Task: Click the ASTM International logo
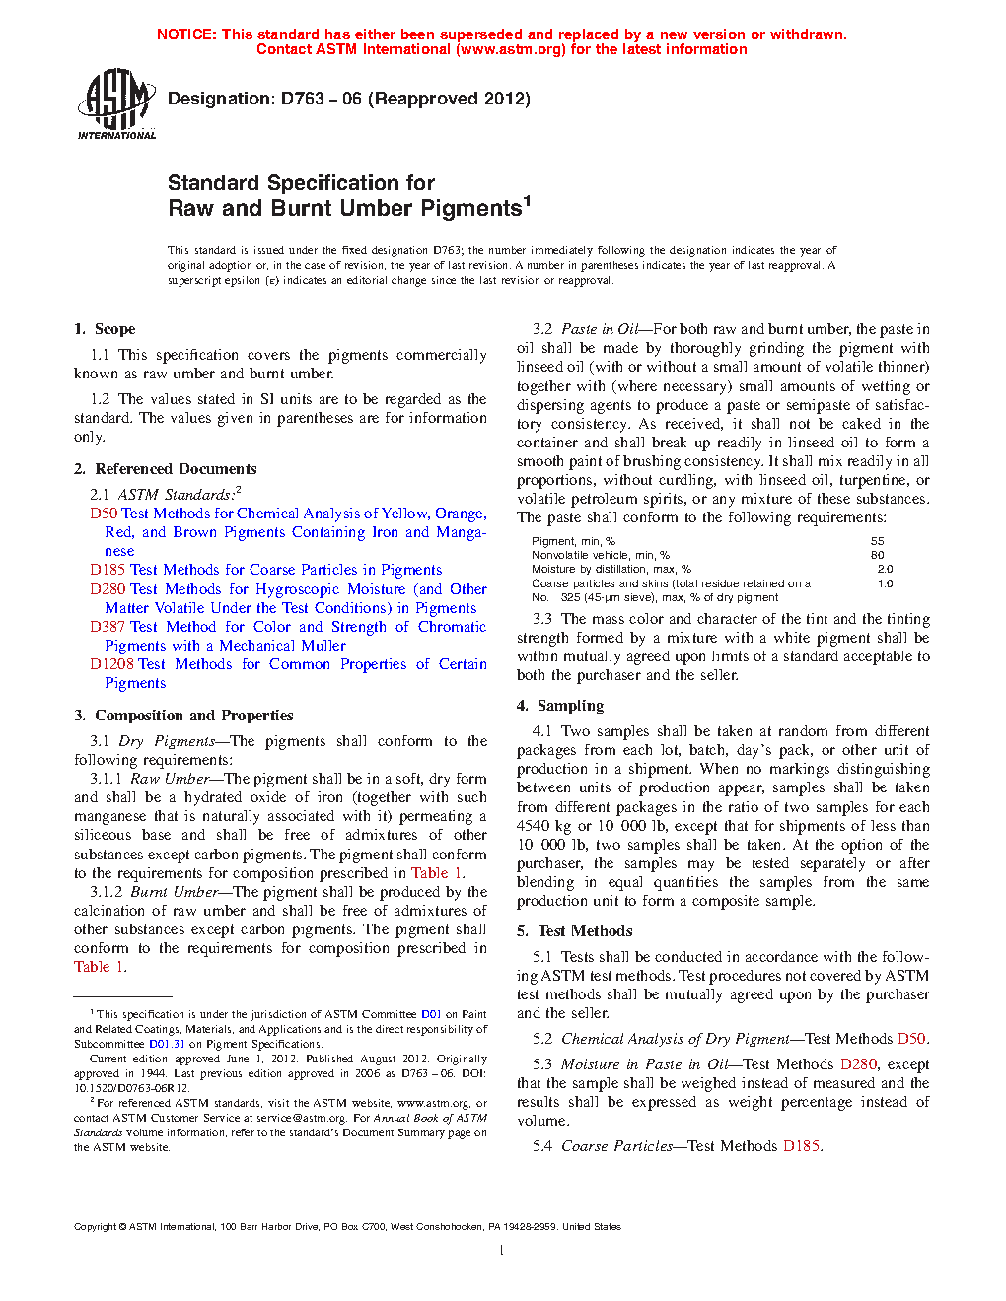pos(115,103)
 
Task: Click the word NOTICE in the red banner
pos(186,34)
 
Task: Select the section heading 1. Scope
pos(105,329)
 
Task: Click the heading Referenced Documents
pos(176,469)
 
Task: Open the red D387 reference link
pos(108,627)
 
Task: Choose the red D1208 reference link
pos(111,664)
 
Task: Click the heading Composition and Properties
pos(193,716)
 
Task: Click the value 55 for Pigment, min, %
pos(877,541)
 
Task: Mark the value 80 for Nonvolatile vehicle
pos(877,555)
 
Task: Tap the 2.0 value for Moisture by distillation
pos(885,569)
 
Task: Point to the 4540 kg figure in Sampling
pos(544,826)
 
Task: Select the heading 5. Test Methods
pos(574,931)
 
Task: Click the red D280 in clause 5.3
pos(858,1064)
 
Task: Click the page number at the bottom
pos(502,1251)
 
